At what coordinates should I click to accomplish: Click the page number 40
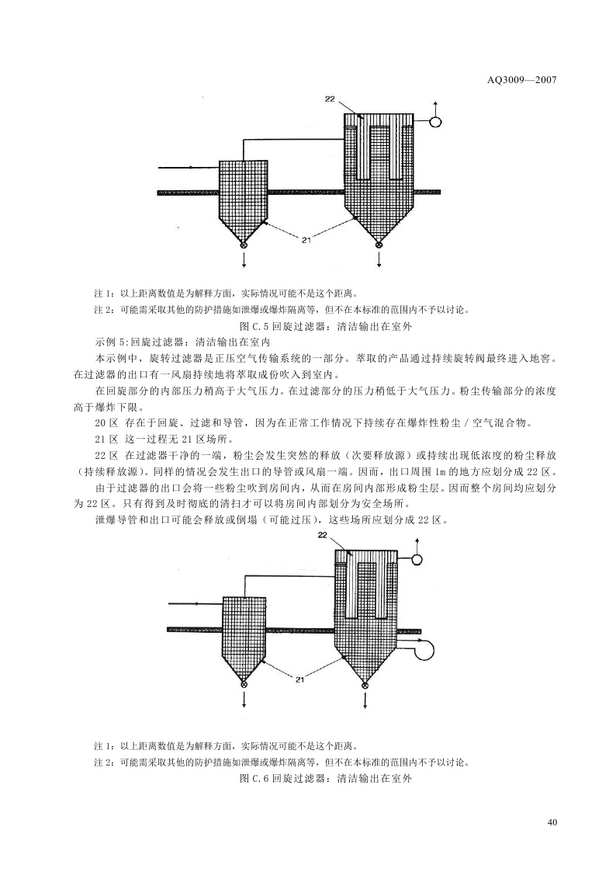point(552,822)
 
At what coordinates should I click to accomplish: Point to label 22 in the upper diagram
point(330,99)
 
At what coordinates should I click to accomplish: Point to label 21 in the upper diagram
point(307,240)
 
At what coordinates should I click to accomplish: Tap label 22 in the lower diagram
point(323,536)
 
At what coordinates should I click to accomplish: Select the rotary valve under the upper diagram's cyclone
point(244,246)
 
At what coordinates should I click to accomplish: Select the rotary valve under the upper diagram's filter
point(379,246)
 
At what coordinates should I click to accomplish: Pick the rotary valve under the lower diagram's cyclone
point(244,685)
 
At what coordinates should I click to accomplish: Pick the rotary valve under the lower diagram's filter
point(365,685)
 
